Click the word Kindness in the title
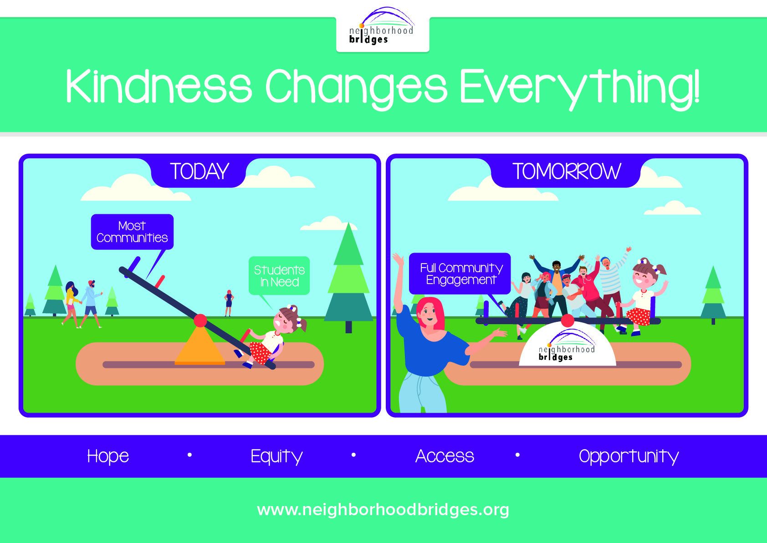click(159, 86)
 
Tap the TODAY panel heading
click(199, 172)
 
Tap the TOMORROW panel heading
click(566, 172)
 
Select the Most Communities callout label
click(132, 232)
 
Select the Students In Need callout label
click(279, 276)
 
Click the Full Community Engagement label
click(460, 274)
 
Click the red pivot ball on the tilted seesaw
click(200, 321)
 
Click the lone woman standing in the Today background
click(229, 303)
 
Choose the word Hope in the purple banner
click(108, 456)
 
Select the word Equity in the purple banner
click(276, 456)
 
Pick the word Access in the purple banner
click(445, 456)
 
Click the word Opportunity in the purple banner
click(629, 456)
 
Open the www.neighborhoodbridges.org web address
click(383, 509)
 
